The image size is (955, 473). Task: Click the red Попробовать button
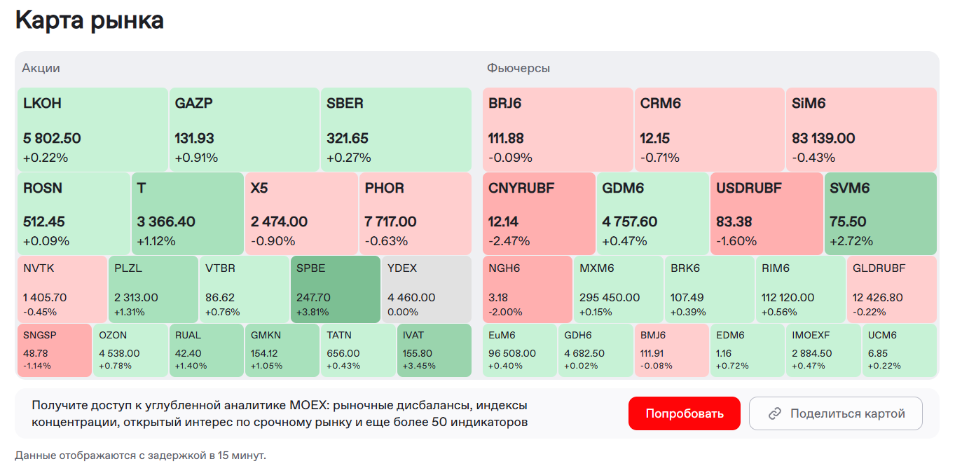click(684, 413)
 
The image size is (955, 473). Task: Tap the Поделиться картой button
click(835, 413)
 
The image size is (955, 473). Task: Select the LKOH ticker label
click(42, 103)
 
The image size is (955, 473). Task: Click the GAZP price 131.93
click(194, 139)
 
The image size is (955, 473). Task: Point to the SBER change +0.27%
click(348, 158)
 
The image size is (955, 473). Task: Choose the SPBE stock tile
click(335, 289)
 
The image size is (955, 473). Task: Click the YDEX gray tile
click(426, 289)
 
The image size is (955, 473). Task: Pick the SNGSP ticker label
click(39, 335)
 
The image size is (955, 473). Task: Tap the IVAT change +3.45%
click(419, 366)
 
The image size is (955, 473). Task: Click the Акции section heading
click(41, 68)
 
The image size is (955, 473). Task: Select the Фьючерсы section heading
click(518, 68)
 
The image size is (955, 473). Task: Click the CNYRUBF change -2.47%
click(509, 241)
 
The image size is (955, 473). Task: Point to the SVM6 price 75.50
click(848, 222)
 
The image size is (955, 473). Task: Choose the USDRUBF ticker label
click(748, 188)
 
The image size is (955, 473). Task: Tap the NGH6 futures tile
click(527, 289)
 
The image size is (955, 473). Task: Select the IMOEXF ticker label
click(811, 335)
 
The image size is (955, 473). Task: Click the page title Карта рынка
click(90, 20)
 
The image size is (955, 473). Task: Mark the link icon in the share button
click(775, 413)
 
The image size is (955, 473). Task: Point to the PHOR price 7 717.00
click(390, 222)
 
